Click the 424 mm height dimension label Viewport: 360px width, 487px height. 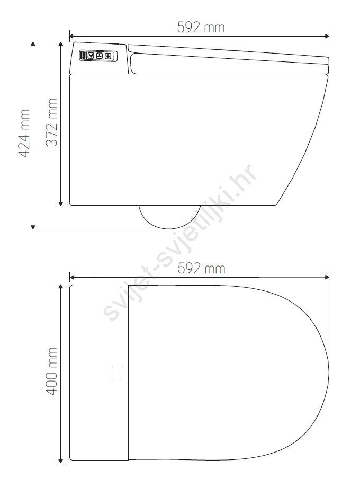[x=24, y=133]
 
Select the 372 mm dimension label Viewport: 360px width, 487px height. [x=51, y=122]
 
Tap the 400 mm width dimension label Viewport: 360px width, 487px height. [x=51, y=371]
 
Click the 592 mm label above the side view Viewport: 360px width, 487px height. [x=201, y=28]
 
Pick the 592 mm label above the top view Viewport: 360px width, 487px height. [x=201, y=268]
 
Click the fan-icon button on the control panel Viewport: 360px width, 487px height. [x=100, y=56]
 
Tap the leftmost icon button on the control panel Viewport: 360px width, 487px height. [x=91, y=56]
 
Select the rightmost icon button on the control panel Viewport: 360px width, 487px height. [x=108, y=56]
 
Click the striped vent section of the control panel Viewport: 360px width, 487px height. [x=84, y=56]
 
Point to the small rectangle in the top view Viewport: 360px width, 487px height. [x=115, y=373]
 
